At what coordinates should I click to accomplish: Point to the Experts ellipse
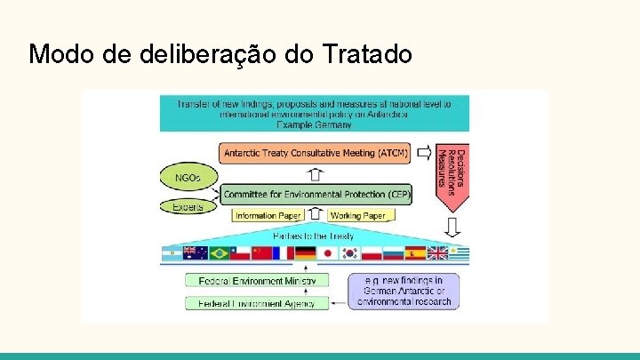pyautogui.click(x=188, y=207)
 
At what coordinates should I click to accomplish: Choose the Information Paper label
pyautogui.click(x=268, y=215)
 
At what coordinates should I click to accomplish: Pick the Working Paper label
pyautogui.click(x=357, y=215)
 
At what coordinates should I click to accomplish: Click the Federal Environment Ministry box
pyautogui.click(x=256, y=281)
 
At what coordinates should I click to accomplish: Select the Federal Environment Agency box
pyautogui.click(x=256, y=303)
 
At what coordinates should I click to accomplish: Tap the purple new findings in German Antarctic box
pyautogui.click(x=404, y=291)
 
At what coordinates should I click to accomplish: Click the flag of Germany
pyautogui.click(x=305, y=253)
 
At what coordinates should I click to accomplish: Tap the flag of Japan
pyautogui.click(x=327, y=253)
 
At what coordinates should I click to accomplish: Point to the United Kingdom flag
pyautogui.click(x=438, y=253)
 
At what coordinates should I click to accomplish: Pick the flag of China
pyautogui.click(x=260, y=253)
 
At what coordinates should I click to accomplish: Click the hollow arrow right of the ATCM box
pyautogui.click(x=424, y=152)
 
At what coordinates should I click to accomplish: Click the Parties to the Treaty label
pyautogui.click(x=313, y=236)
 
